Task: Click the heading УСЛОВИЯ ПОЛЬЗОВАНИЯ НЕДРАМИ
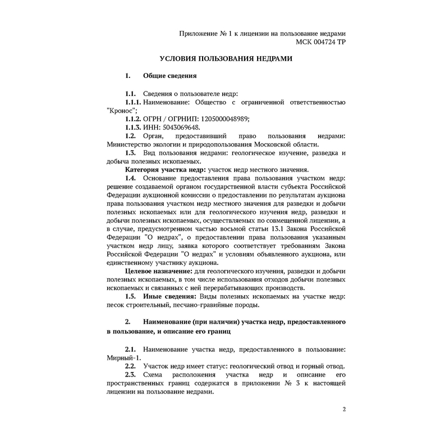[226, 58]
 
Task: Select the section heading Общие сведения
[169, 75]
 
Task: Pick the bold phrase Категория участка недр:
[165, 169]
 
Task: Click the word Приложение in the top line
[198, 34]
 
